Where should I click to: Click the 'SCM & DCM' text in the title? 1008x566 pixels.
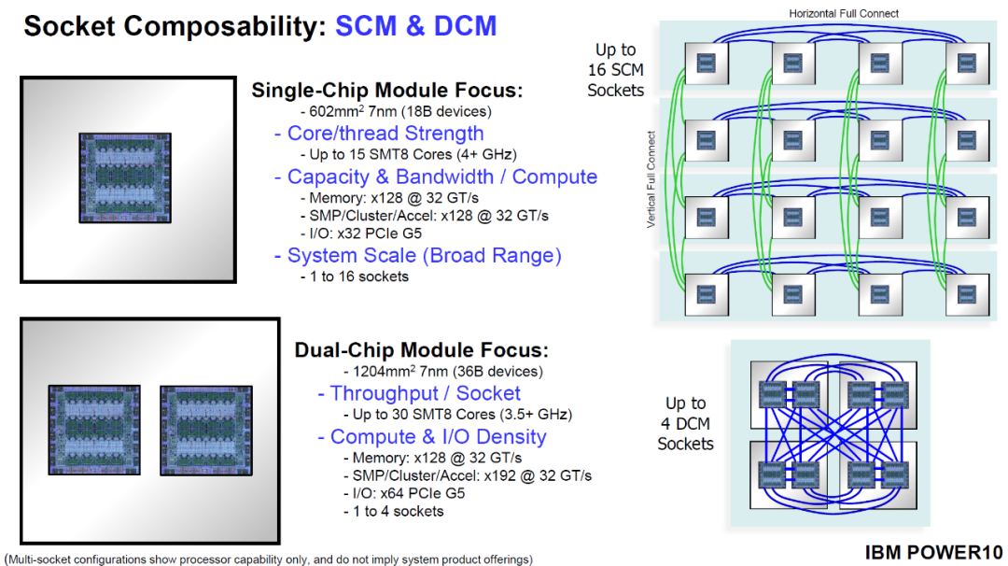(x=415, y=25)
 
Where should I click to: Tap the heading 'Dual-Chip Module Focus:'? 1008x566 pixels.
(x=422, y=350)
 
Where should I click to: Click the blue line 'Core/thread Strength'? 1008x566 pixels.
(x=385, y=134)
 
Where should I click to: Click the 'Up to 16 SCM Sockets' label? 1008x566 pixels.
(x=615, y=70)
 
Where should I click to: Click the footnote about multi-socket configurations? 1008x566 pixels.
(x=269, y=559)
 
